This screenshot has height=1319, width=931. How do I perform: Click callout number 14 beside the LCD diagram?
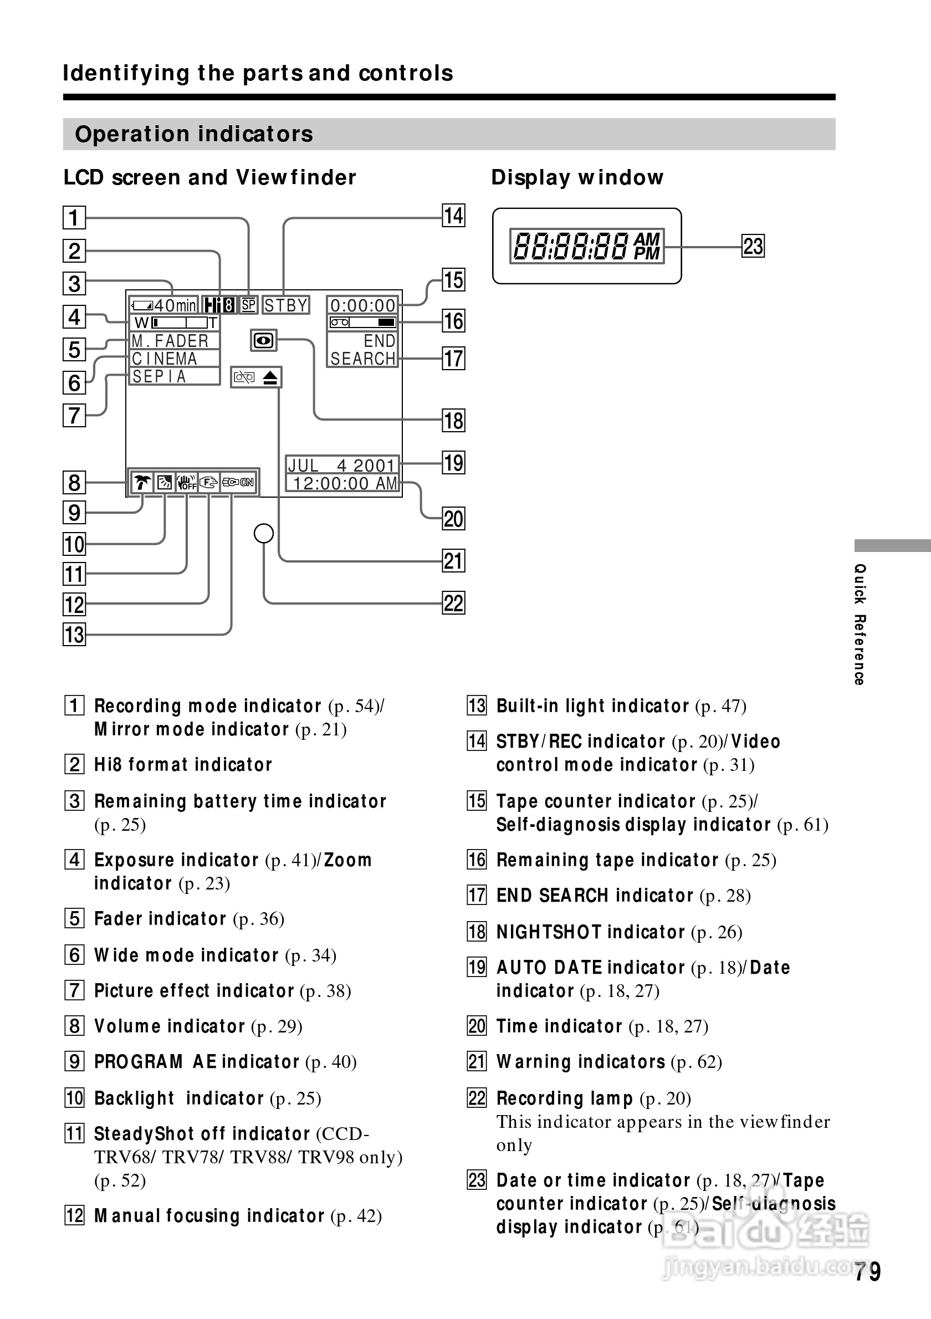tap(453, 216)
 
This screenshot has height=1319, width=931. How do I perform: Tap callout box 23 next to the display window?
tap(753, 247)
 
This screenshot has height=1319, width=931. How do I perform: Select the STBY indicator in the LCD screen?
tap(286, 305)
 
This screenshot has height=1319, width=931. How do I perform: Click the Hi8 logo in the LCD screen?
tap(219, 305)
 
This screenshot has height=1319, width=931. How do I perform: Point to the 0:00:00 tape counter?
tap(362, 305)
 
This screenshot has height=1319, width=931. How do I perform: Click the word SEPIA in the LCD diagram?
tap(160, 377)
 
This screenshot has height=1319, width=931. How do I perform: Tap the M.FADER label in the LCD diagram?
tap(170, 341)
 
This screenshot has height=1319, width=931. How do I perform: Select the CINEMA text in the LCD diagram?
tap(165, 359)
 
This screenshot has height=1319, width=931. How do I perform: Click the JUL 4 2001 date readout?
tap(342, 465)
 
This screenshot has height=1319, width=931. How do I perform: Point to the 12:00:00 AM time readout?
tap(345, 484)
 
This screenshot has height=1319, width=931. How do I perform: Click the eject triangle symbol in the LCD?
tap(270, 377)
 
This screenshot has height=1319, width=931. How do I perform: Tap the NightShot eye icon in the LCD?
tap(264, 341)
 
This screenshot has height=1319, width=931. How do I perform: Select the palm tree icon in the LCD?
tap(142, 483)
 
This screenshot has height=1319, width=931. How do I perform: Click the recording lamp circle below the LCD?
tap(264, 534)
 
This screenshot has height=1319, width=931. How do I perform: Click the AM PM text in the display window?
tap(647, 247)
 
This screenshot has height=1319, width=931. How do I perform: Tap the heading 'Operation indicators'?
tap(194, 135)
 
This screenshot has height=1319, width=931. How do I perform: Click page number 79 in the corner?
tap(867, 1272)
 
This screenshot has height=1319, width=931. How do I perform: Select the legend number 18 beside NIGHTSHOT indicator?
tap(477, 931)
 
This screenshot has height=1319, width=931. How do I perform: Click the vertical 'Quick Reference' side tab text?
tap(859, 625)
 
